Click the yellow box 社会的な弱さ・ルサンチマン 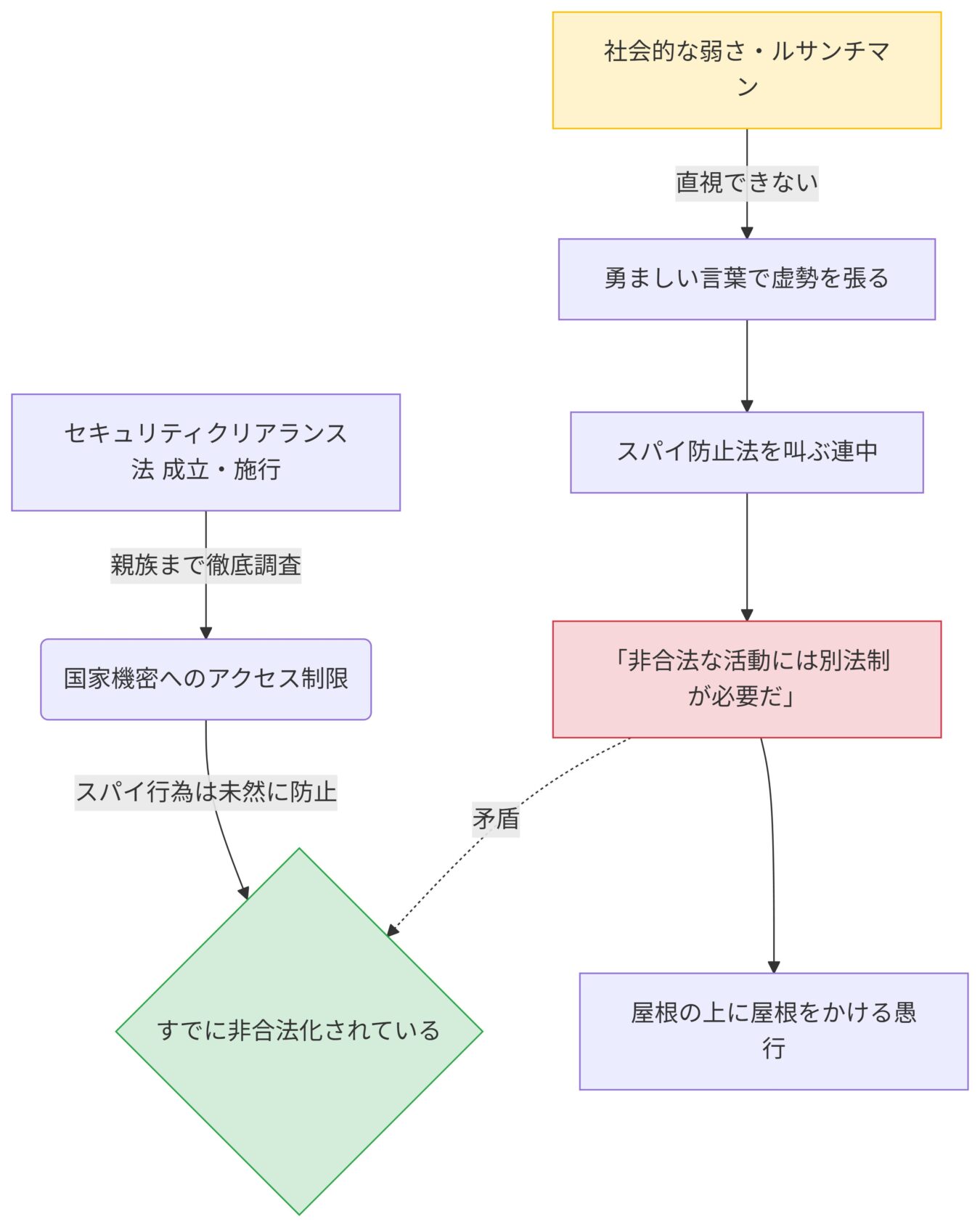746,70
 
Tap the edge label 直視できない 746,182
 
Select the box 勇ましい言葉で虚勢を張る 746,279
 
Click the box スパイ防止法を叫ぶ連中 746,452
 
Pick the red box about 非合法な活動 746,679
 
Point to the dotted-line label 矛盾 496,819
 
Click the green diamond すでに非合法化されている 299,1030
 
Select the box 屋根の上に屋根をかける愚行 773,1030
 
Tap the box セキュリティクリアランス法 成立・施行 205,452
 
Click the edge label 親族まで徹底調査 205,565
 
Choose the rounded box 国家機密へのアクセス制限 205,679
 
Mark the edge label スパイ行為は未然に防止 205,791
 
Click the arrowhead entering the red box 746,615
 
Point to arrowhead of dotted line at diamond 392,931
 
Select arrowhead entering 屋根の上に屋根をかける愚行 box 773,967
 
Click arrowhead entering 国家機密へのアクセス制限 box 205,633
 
